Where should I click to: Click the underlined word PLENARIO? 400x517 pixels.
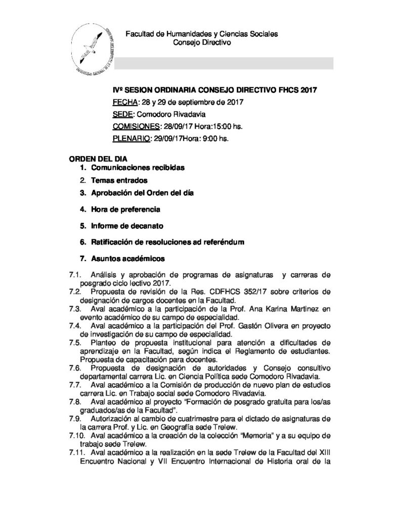click(x=130, y=138)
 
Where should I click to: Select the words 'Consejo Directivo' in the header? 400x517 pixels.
click(x=202, y=44)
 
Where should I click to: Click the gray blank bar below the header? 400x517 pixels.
click(x=223, y=63)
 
